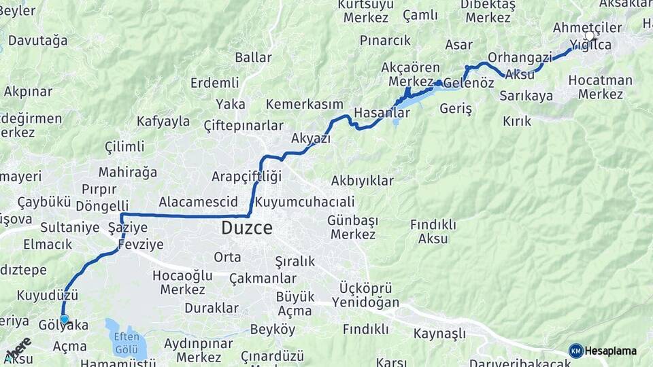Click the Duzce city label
tap(246, 228)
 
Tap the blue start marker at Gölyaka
tap(65, 319)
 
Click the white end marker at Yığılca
tap(589, 35)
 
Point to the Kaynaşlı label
tap(439, 334)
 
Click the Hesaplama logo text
tap(610, 351)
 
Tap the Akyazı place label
tap(310, 139)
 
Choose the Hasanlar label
tap(382, 113)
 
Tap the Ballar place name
tap(253, 57)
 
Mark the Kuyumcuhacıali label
tap(304, 202)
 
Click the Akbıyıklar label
tap(362, 181)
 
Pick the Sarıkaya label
tap(526, 96)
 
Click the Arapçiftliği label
tap(246, 177)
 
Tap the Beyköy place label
tap(273, 330)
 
